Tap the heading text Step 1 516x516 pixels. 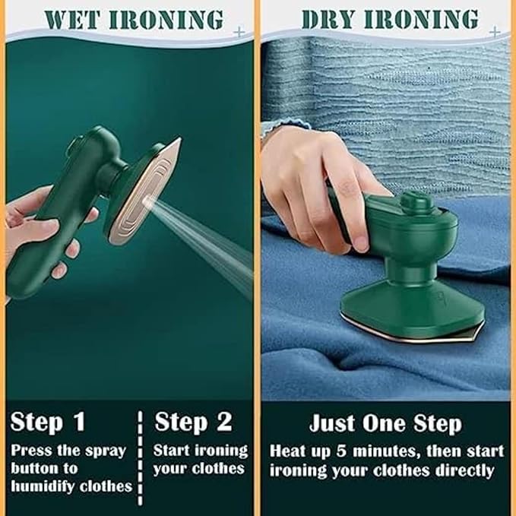pyautogui.click(x=49, y=422)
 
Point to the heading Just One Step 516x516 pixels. pyautogui.click(x=385, y=423)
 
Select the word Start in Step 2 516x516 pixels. pyautogui.click(x=171, y=450)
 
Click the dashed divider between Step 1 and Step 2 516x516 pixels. pyautogui.click(x=140, y=457)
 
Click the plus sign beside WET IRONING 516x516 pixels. pyautogui.click(x=241, y=33)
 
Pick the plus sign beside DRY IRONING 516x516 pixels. pyautogui.click(x=495, y=31)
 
